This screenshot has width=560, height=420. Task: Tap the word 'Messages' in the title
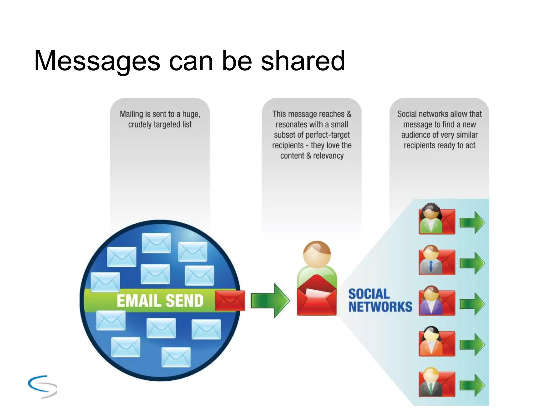(x=97, y=61)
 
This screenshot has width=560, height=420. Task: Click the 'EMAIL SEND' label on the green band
(x=160, y=301)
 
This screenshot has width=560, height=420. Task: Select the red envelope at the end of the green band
(x=230, y=301)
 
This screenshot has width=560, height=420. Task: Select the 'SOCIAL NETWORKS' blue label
(x=380, y=300)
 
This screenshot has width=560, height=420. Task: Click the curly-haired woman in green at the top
(x=431, y=219)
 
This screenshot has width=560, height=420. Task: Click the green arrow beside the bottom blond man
(x=472, y=385)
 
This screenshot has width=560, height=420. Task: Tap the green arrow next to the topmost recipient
(x=472, y=222)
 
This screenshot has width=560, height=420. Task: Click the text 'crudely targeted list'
(x=160, y=124)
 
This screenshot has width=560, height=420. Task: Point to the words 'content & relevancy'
(x=312, y=156)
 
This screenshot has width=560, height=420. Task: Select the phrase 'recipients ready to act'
(x=439, y=145)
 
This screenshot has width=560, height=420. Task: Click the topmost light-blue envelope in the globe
(x=156, y=243)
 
